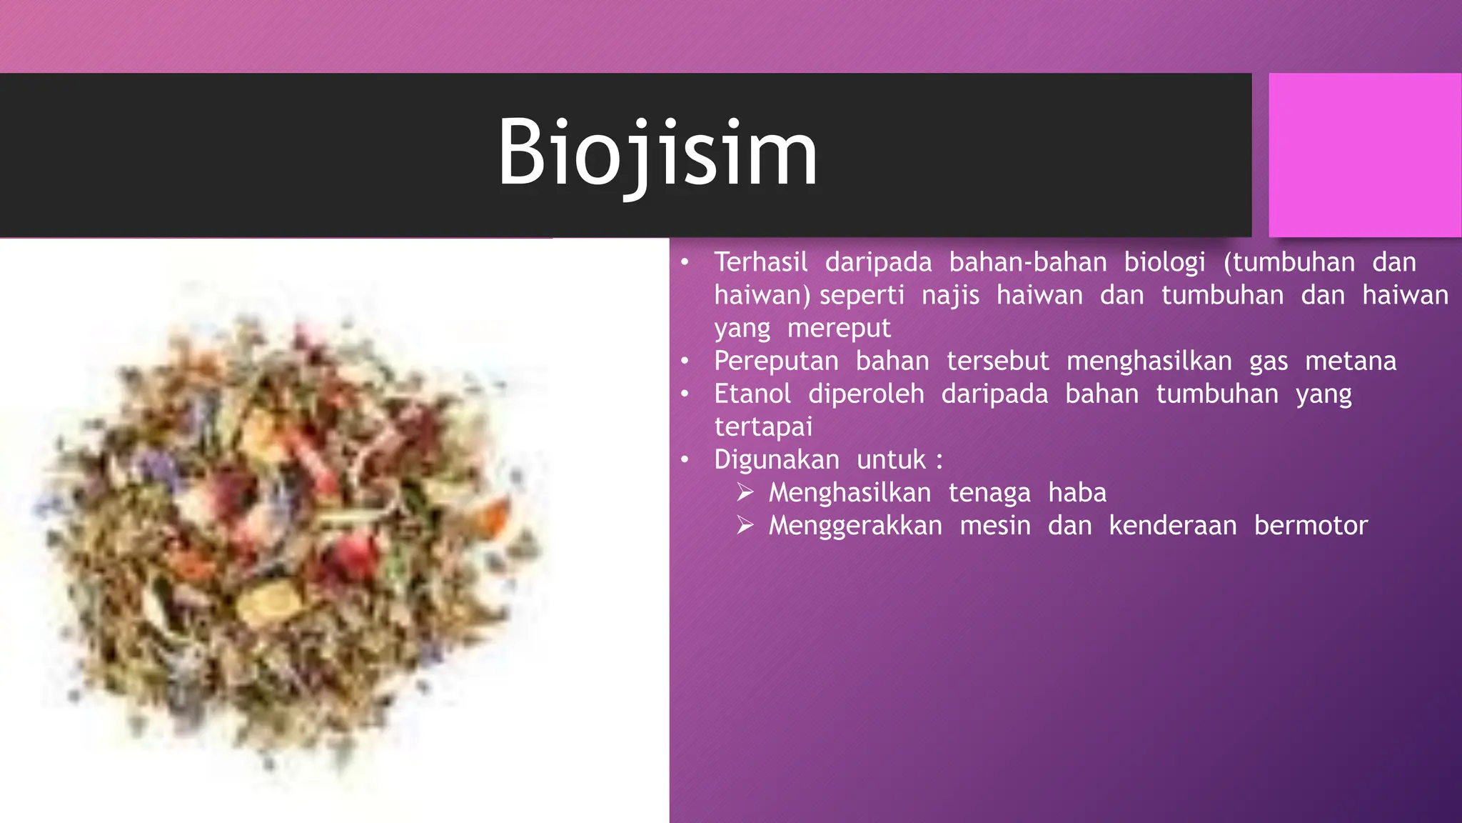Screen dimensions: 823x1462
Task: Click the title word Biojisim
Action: (x=657, y=154)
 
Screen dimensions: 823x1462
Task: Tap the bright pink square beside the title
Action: (x=1364, y=155)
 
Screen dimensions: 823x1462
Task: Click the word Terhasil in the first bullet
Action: (x=761, y=262)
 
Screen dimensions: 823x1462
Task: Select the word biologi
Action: (x=1164, y=262)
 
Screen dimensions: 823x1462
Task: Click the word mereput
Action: (x=839, y=328)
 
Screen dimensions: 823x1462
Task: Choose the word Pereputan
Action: (x=776, y=361)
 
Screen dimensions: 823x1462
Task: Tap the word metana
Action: (x=1351, y=361)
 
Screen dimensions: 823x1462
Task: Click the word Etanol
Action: (x=752, y=394)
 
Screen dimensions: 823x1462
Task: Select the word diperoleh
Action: (x=866, y=394)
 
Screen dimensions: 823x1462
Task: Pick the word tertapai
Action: (x=763, y=427)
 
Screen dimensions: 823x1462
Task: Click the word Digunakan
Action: (x=777, y=459)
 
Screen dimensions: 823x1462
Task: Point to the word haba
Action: (x=1077, y=492)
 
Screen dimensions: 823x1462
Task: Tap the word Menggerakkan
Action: (x=855, y=525)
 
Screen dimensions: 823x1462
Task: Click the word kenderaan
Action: (x=1173, y=525)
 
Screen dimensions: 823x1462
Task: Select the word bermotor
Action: (x=1311, y=525)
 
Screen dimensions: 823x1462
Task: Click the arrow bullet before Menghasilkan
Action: (x=745, y=492)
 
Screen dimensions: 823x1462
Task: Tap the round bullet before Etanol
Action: (x=685, y=394)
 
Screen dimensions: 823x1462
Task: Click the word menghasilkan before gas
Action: (x=1149, y=361)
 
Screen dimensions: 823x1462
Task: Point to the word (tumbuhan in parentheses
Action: (x=1289, y=262)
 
